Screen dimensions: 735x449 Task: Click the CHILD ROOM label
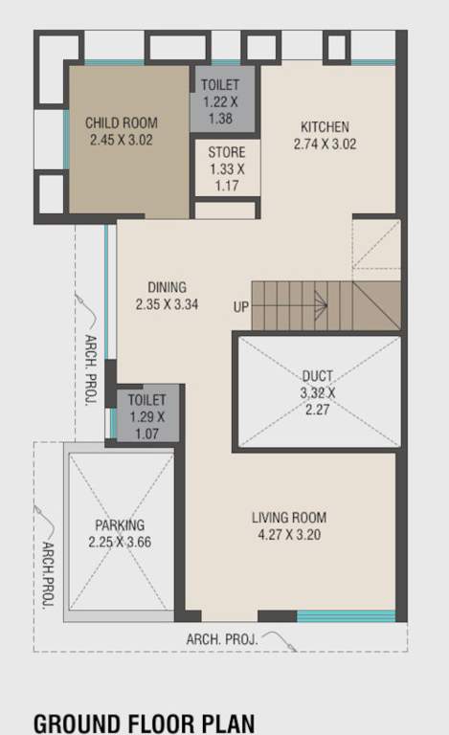(121, 122)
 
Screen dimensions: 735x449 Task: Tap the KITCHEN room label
(325, 127)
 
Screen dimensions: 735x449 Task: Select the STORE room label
(227, 152)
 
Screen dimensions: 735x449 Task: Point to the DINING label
(167, 287)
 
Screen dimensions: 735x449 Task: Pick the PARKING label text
(120, 525)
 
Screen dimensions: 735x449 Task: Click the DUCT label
(317, 376)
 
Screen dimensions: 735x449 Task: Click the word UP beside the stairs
(241, 307)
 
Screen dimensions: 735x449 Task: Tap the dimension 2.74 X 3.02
(325, 145)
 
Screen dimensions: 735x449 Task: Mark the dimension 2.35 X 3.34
(167, 305)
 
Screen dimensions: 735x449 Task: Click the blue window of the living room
(345, 615)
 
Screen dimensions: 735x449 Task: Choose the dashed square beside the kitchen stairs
(375, 245)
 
